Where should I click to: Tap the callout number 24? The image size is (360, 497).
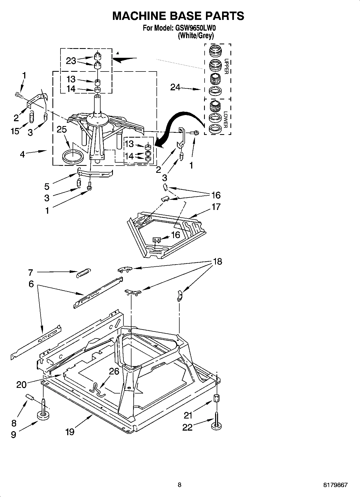click(175, 87)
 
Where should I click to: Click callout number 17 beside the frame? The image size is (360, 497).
click(216, 207)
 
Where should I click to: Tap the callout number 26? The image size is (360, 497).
click(114, 371)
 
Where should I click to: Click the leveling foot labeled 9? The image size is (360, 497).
click(43, 416)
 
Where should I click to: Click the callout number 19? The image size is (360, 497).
click(70, 432)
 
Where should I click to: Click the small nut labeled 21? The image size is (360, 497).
click(216, 398)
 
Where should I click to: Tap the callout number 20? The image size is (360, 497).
click(22, 385)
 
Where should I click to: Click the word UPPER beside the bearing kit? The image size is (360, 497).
click(226, 66)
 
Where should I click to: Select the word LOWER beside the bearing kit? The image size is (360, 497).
click(226, 120)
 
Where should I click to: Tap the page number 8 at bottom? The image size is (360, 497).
click(180, 485)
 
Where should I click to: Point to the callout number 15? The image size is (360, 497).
click(15, 131)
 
